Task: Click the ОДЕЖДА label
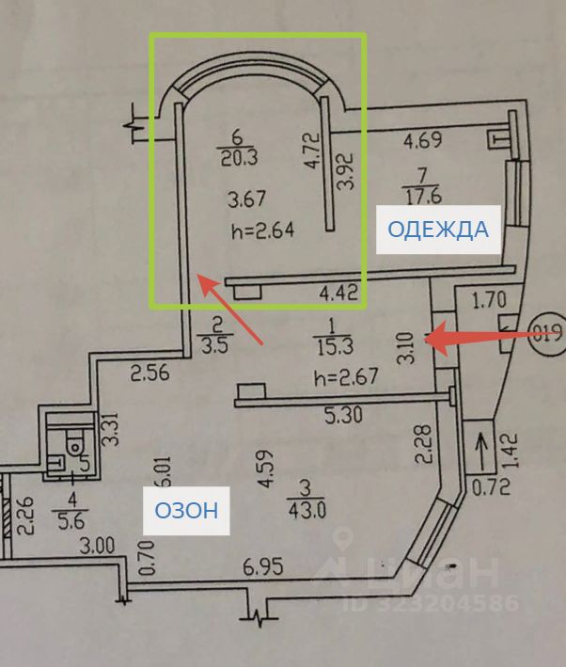click(438, 229)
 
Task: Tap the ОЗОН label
click(186, 511)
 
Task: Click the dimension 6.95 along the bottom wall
click(265, 567)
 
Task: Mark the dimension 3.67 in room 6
click(249, 199)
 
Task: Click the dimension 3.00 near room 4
click(96, 545)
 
